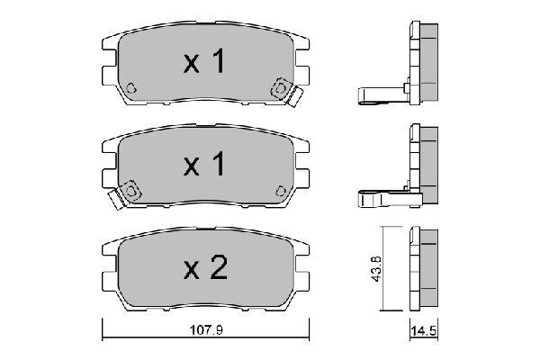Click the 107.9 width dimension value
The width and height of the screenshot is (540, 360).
207,330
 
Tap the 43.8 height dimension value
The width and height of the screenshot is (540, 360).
376,269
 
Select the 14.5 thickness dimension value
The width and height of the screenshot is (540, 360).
424,331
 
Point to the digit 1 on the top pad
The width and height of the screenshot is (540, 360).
217,60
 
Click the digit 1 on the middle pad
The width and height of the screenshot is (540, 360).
217,163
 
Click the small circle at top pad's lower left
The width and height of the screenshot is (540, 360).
130,88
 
